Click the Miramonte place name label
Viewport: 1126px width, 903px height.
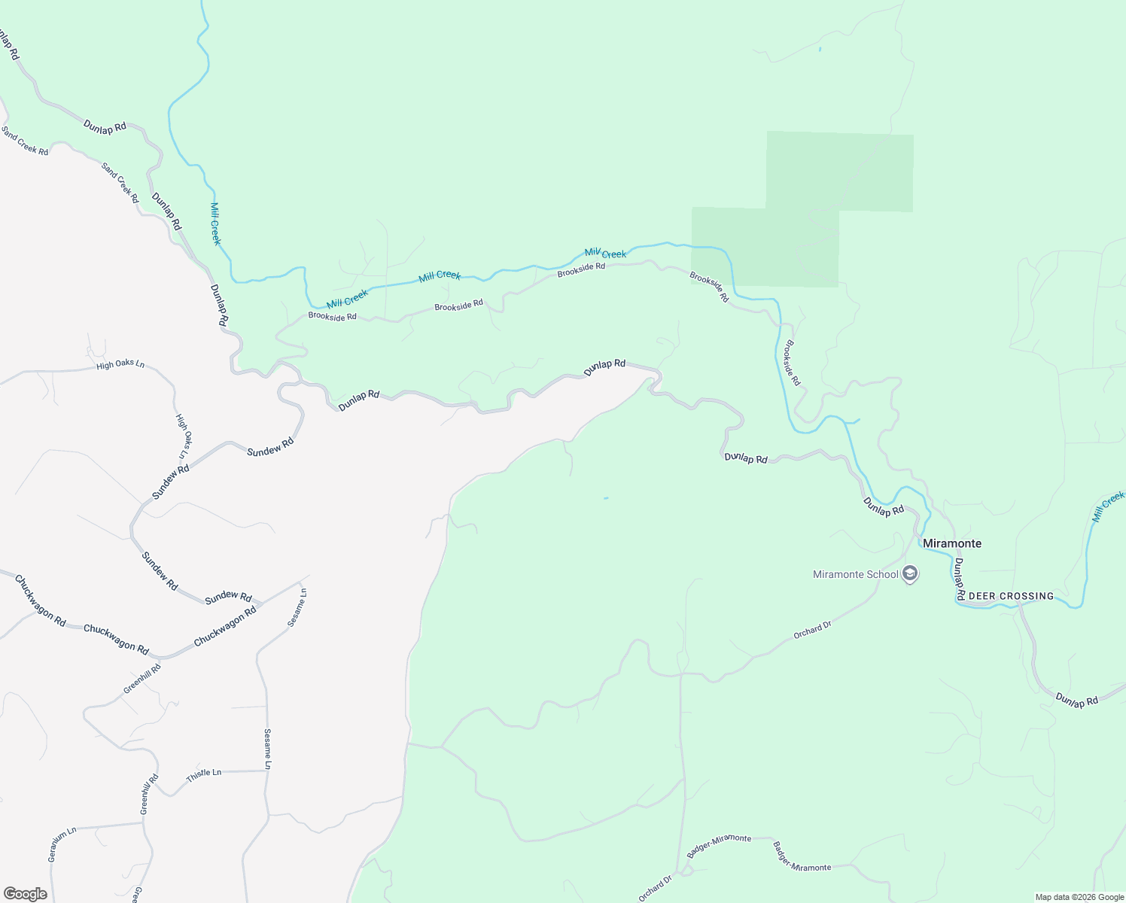[x=951, y=543]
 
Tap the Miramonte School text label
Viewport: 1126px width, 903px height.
[x=855, y=574]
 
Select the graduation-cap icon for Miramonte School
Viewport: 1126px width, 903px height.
[x=910, y=575]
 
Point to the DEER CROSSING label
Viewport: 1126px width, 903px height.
[x=1011, y=596]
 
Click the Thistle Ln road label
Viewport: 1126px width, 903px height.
[x=204, y=774]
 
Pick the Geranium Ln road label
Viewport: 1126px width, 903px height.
[x=62, y=844]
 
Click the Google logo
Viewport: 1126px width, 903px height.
[x=25, y=894]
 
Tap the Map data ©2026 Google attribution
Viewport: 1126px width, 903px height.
[x=1079, y=897]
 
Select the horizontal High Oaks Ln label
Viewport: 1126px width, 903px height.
[x=120, y=364]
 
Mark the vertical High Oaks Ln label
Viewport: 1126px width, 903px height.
[x=183, y=436]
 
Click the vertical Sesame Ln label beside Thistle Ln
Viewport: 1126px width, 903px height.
[x=267, y=748]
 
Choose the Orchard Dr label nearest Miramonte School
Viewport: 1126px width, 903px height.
[x=812, y=630]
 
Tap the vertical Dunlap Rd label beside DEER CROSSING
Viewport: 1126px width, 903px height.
[x=960, y=579]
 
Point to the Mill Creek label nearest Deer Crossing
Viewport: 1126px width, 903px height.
[x=1108, y=506]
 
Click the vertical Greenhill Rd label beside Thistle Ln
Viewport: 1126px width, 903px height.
[x=149, y=794]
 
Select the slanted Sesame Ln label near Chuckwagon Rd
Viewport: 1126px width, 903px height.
[x=297, y=608]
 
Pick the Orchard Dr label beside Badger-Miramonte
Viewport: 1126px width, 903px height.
[x=655, y=889]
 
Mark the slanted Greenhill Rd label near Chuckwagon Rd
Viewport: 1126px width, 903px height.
[x=142, y=679]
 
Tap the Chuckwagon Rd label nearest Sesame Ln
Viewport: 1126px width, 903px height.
[x=225, y=626]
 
